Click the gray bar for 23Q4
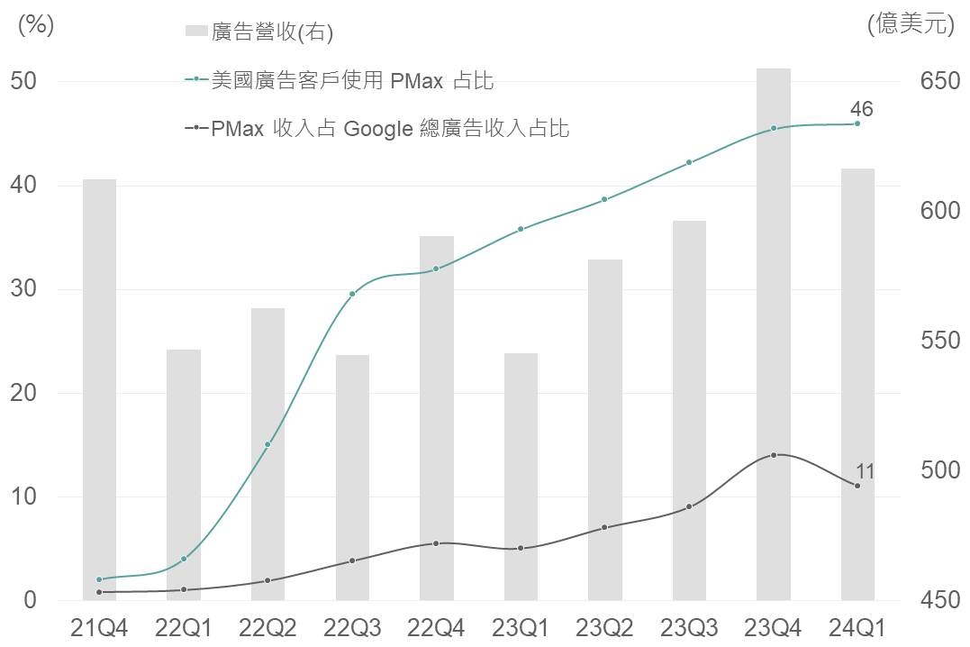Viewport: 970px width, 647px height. coord(774,333)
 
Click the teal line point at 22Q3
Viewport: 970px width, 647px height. coord(352,294)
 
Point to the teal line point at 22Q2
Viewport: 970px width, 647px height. coord(267,444)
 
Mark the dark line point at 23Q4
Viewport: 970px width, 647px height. coord(774,455)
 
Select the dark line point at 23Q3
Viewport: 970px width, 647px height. coord(689,506)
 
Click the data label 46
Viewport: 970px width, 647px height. coord(861,109)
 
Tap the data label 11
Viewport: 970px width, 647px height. coord(865,471)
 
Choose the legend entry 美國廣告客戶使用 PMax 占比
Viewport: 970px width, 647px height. coord(352,80)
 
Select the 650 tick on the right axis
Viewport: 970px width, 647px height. coord(939,81)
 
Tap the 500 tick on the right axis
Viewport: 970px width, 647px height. coord(939,470)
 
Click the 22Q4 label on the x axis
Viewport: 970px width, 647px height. coord(436,627)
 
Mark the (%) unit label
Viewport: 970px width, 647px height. coord(36,24)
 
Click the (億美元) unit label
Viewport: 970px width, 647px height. coord(911,24)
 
